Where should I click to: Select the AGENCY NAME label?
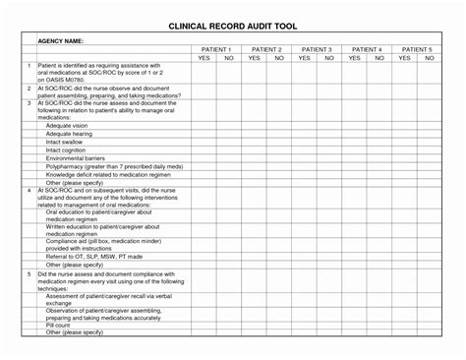62,41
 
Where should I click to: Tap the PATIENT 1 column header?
215,48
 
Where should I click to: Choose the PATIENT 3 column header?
317,48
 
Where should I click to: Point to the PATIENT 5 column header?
417,48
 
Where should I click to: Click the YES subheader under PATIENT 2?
254,58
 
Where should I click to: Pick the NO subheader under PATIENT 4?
379,58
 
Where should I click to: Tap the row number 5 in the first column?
29,272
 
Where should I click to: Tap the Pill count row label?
60,326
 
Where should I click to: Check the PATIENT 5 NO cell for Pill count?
430,326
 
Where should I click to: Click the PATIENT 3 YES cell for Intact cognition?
304,150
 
